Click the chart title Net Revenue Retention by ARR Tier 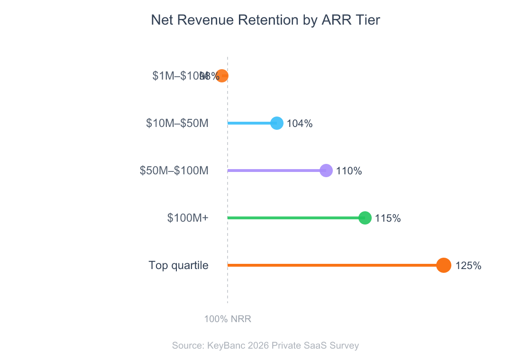pyautogui.click(x=265, y=20)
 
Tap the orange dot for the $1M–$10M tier pyautogui.click(x=222, y=76)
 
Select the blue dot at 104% pyautogui.click(x=277, y=123)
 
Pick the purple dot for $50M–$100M pyautogui.click(x=326, y=171)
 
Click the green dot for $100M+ pyautogui.click(x=365, y=218)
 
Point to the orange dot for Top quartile pyautogui.click(x=443, y=265)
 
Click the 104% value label pyautogui.click(x=300, y=124)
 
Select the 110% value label pyautogui.click(x=349, y=171)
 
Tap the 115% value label pyautogui.click(x=388, y=218)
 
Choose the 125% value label pyautogui.click(x=468, y=266)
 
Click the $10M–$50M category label pyautogui.click(x=177, y=123)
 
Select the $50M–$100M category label pyautogui.click(x=174, y=171)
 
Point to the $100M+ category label pyautogui.click(x=188, y=218)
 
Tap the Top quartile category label pyautogui.click(x=178, y=265)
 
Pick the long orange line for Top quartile pyautogui.click(x=332, y=265)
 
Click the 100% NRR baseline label pyautogui.click(x=228, y=319)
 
